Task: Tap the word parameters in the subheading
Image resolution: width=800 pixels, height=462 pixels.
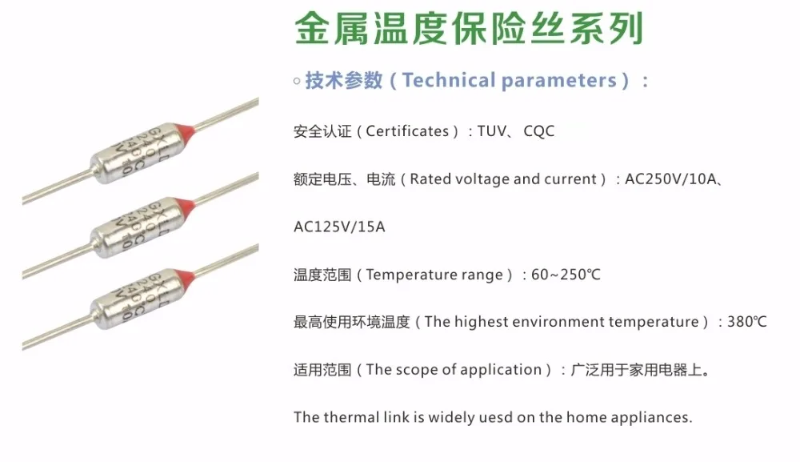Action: (558, 81)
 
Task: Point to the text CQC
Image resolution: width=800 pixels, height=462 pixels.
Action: (538, 131)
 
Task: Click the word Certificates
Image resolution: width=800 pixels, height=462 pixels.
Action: (407, 131)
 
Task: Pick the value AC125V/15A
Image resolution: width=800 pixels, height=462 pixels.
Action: (339, 227)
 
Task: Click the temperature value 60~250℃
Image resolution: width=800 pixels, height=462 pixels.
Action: (566, 275)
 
